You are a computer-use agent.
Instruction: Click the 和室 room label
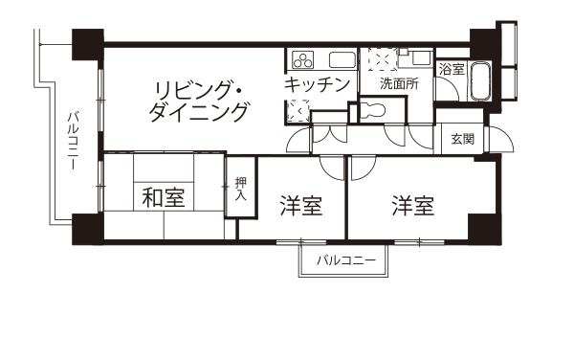164,197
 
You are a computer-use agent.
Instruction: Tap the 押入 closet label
240,189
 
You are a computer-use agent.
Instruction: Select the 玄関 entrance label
462,139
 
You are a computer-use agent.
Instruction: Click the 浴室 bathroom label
452,69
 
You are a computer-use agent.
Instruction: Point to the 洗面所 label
399,84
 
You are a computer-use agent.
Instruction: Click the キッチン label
318,84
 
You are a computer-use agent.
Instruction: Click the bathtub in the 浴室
480,81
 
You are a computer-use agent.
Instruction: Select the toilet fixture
371,110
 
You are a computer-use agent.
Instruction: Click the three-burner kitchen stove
303,60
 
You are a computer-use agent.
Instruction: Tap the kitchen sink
342,60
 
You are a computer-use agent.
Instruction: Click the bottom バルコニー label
346,260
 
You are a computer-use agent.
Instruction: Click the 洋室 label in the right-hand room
413,206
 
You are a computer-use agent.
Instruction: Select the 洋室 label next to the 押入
301,206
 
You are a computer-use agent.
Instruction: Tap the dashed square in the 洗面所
383,58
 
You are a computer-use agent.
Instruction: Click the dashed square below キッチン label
298,111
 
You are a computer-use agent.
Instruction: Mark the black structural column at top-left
88,44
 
